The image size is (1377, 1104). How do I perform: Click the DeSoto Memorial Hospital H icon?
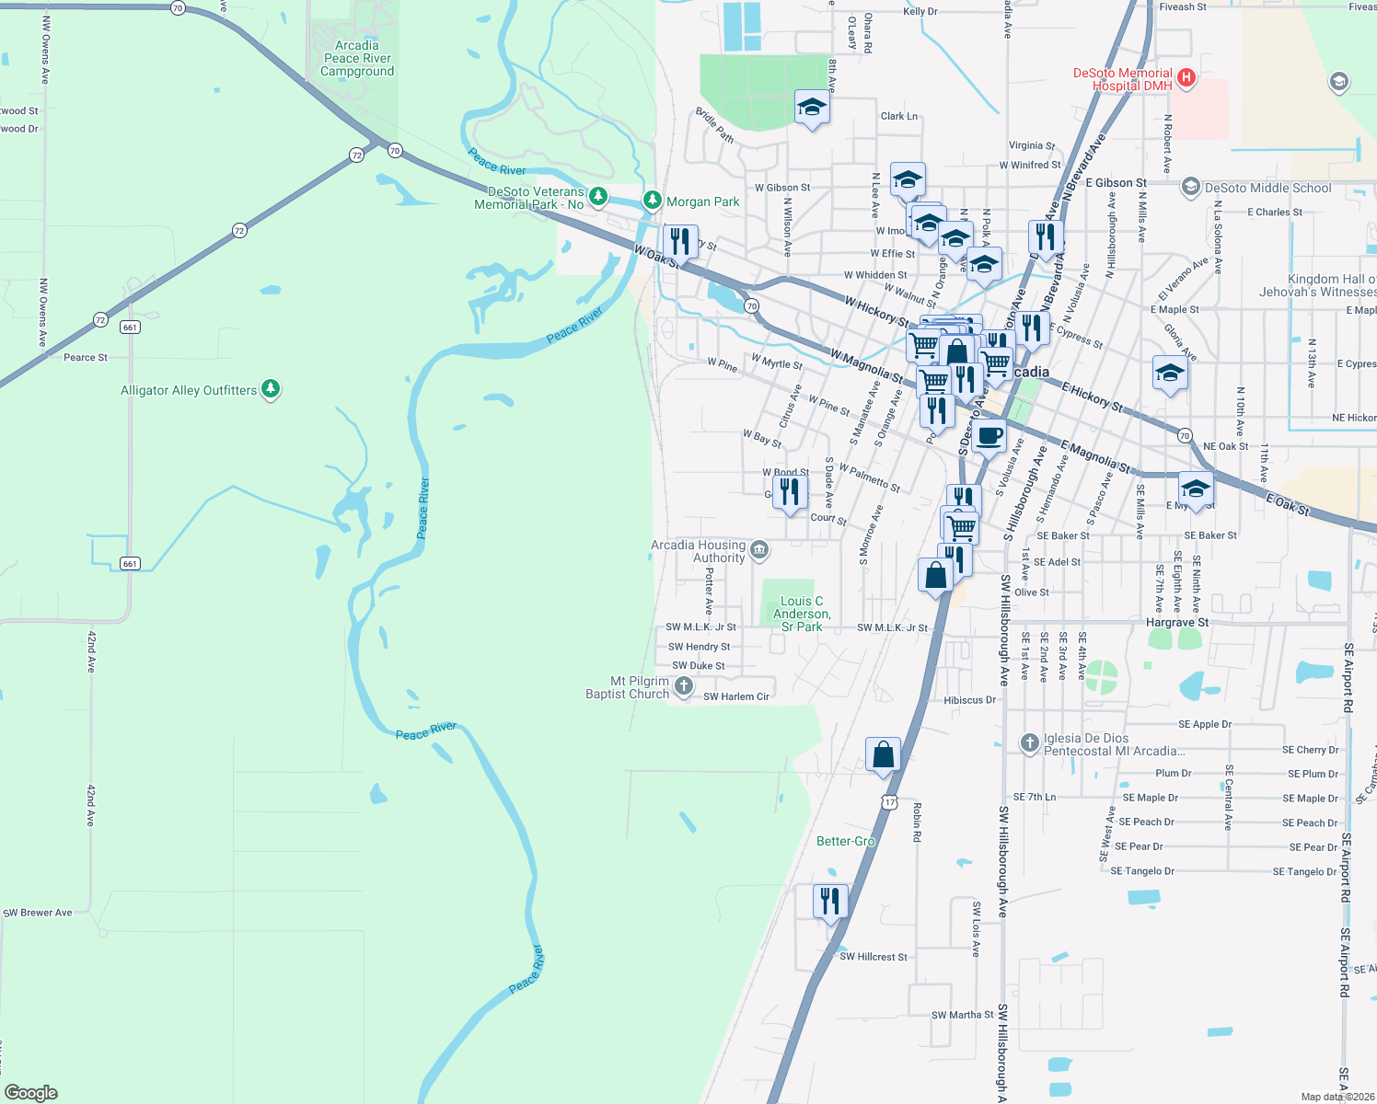pos(1186,78)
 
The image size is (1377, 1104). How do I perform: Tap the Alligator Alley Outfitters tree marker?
pos(271,389)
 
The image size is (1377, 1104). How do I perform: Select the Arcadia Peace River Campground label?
pos(357,58)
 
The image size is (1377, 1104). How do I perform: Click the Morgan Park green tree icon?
pos(653,201)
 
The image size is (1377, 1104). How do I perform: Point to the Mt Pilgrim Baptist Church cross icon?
pos(683,685)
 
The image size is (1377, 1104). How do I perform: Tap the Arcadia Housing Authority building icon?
pos(759,550)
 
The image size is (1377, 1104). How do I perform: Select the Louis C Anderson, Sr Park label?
pos(801,614)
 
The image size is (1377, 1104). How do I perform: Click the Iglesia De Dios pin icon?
pos(1030,742)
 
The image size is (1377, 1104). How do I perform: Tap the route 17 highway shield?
pos(888,802)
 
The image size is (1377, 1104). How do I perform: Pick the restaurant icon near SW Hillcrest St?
pos(830,901)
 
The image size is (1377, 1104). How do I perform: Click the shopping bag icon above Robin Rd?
pos(883,753)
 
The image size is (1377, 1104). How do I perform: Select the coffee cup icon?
pos(989,435)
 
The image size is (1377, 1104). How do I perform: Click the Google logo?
pos(31,1092)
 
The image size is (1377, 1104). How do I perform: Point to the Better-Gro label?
pos(845,841)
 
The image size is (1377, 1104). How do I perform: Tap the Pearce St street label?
pos(86,357)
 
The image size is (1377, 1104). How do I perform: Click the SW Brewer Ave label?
pos(38,913)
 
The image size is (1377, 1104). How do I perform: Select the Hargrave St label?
pos(1177,623)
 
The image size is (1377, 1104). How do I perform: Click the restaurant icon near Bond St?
pos(790,491)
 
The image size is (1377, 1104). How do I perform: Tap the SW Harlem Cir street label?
pos(736,696)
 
